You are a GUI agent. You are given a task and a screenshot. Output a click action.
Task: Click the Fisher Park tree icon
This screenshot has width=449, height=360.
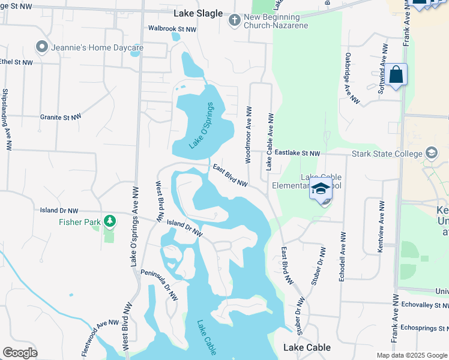pyautogui.click(x=109, y=221)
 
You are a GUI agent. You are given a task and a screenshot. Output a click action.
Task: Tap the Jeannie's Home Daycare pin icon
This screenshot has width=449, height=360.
pyautogui.click(x=42, y=46)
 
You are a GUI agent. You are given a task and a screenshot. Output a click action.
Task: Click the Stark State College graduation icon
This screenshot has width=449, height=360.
pyautogui.click(x=431, y=154)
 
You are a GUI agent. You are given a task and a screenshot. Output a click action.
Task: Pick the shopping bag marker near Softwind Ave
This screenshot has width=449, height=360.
pyautogui.click(x=396, y=75)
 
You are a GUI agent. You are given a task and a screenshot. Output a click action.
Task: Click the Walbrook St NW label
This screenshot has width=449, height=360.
pyautogui.click(x=173, y=29)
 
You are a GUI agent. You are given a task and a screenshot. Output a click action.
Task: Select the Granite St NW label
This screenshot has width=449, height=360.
pyautogui.click(x=60, y=118)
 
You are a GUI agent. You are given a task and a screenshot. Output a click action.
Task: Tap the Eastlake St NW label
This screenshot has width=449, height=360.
pyautogui.click(x=298, y=154)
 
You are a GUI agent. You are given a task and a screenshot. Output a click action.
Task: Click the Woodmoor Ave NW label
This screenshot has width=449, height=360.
pyautogui.click(x=248, y=135)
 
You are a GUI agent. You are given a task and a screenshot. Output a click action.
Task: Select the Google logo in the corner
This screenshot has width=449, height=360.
pyautogui.click(x=20, y=353)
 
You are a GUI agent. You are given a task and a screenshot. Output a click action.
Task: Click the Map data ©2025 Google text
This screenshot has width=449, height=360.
pyautogui.click(x=412, y=355)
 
